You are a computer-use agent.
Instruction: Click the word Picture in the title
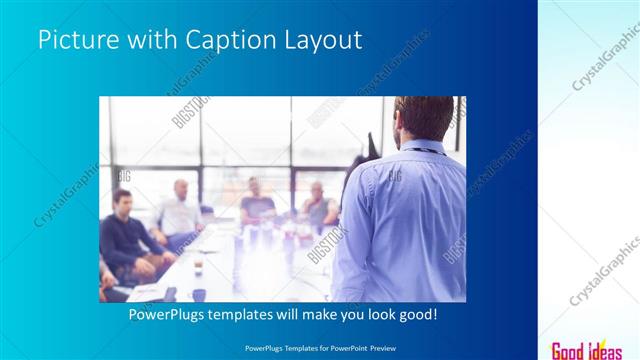point(78,40)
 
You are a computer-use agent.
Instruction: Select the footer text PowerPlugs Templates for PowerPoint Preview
point(319,346)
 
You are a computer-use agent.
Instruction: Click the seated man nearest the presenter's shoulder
point(319,207)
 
